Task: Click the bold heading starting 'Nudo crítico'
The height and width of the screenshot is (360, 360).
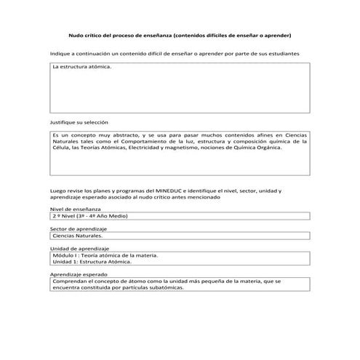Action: (179, 34)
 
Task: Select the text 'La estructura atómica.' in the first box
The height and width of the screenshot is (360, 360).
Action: (82, 67)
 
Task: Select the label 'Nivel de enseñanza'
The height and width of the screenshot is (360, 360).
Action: (76, 209)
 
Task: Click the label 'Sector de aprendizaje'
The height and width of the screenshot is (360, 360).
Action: (79, 228)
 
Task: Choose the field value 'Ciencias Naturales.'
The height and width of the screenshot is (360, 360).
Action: (79, 236)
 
